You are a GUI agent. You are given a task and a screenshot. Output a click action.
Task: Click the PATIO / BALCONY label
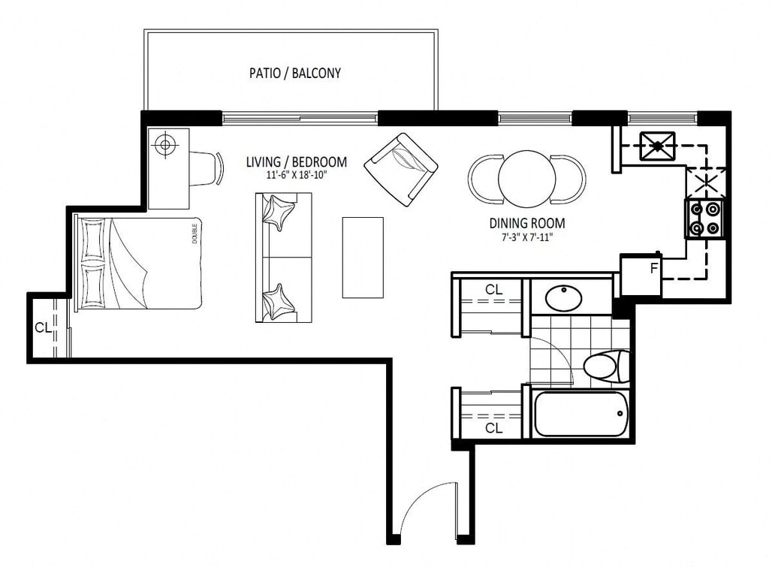click(x=294, y=73)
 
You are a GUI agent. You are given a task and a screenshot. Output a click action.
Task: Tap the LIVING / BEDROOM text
click(x=296, y=161)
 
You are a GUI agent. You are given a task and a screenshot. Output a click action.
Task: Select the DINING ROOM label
click(x=527, y=223)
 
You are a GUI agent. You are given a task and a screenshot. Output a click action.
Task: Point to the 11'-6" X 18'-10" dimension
click(x=294, y=175)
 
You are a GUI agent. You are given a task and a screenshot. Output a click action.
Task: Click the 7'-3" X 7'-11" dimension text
click(x=527, y=238)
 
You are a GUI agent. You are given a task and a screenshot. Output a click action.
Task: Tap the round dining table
click(x=527, y=178)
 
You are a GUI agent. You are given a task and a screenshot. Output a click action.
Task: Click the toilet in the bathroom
click(x=606, y=366)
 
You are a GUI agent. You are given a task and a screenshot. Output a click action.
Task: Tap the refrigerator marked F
click(x=641, y=275)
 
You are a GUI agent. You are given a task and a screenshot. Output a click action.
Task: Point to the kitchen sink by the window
click(x=657, y=146)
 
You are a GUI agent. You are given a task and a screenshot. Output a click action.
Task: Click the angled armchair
click(x=401, y=169)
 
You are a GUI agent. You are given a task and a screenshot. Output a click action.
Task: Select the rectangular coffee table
click(x=363, y=258)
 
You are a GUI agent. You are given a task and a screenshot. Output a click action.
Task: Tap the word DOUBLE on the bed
click(x=195, y=234)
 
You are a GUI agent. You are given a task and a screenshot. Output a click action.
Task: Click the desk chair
click(x=206, y=168)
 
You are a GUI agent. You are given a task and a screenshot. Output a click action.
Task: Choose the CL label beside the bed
click(x=43, y=327)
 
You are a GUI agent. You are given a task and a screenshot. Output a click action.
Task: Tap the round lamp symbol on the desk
click(x=164, y=145)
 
